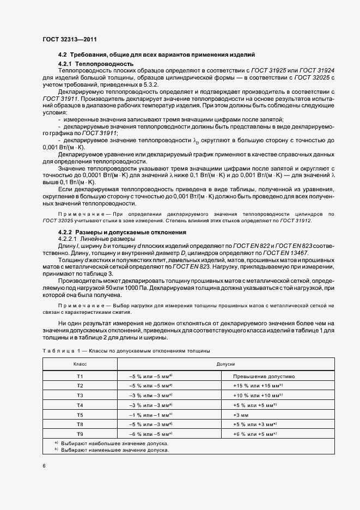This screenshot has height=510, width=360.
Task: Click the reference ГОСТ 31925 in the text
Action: click(269, 71)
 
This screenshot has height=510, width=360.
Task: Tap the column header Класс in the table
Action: click(80, 363)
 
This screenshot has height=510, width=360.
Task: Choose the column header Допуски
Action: click(225, 363)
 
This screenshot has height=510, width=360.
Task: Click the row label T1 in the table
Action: click(80, 377)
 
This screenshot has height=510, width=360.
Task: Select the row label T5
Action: click(80, 415)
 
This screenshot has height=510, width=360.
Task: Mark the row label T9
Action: click(80, 434)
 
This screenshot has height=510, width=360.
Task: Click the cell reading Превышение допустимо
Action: click(264, 377)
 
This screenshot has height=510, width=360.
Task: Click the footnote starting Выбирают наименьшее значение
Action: click(114, 450)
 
